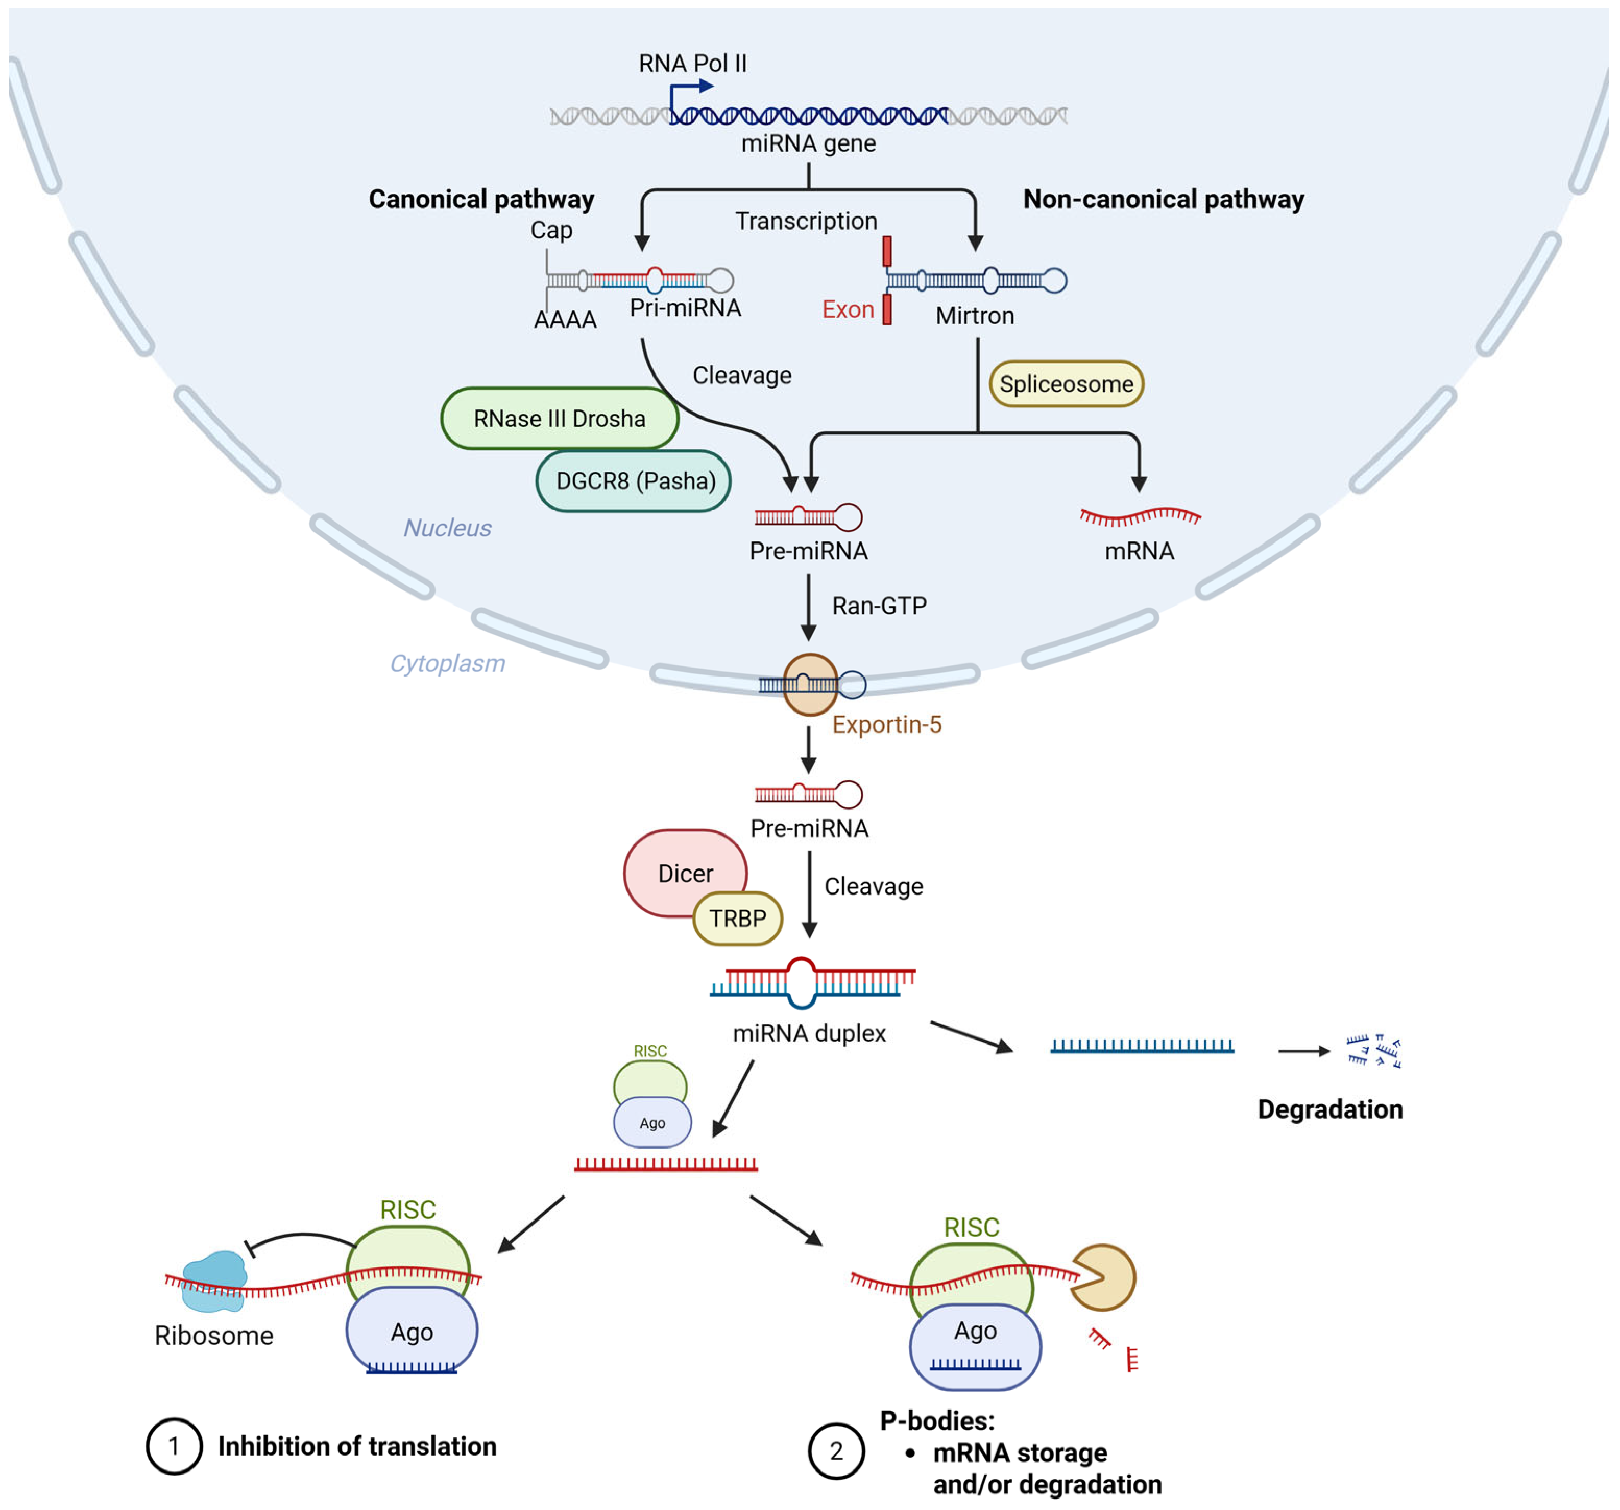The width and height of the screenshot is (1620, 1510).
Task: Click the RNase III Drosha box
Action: [559, 418]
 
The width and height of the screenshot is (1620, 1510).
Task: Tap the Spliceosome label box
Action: [1066, 384]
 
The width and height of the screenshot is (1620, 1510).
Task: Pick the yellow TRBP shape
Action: [738, 919]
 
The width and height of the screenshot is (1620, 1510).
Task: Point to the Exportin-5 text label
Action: [887, 724]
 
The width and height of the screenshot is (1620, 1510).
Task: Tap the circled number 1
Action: [174, 1446]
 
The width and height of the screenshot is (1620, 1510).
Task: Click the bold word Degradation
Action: [1330, 1109]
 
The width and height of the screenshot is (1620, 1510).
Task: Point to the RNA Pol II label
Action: [693, 64]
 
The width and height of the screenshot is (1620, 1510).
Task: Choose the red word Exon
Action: [848, 310]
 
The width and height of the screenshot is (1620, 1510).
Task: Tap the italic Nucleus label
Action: [448, 528]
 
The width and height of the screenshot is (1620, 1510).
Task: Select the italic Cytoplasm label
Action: [448, 663]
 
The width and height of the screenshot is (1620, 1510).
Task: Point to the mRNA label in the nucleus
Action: [1139, 551]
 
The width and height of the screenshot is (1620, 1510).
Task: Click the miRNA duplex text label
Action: [809, 1033]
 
